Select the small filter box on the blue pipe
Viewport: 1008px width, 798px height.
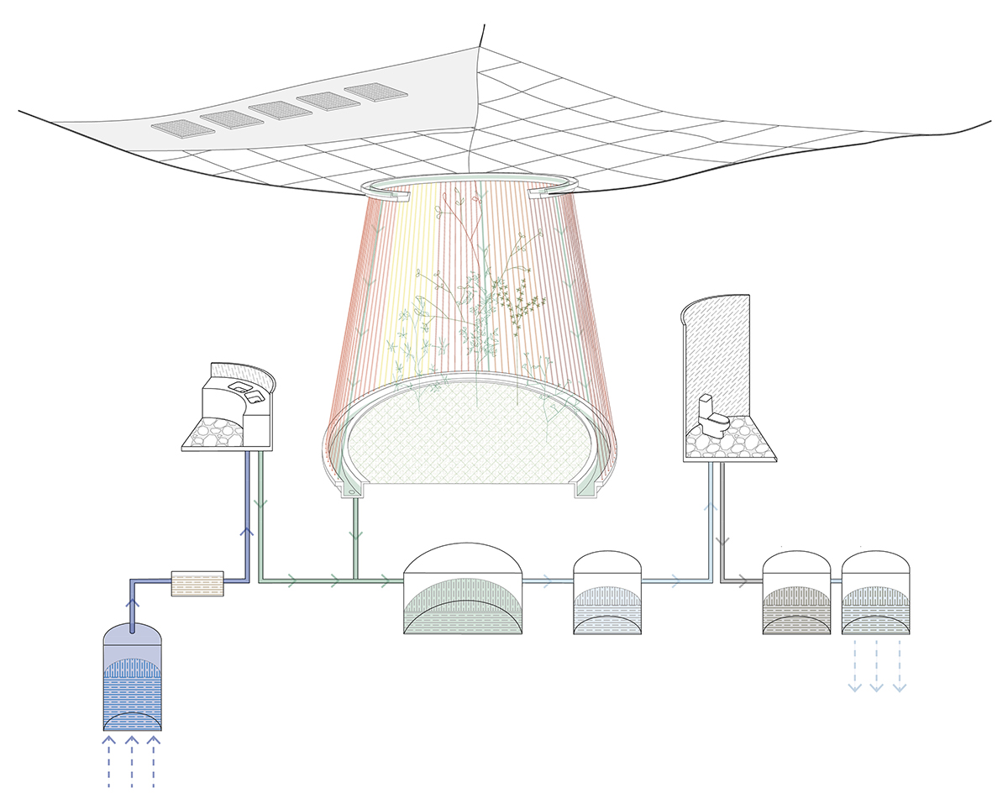[197, 582]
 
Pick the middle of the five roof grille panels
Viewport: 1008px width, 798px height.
[278, 109]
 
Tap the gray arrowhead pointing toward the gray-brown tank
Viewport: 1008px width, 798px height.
[743, 580]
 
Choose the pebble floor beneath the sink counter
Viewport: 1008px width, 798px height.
[220, 433]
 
